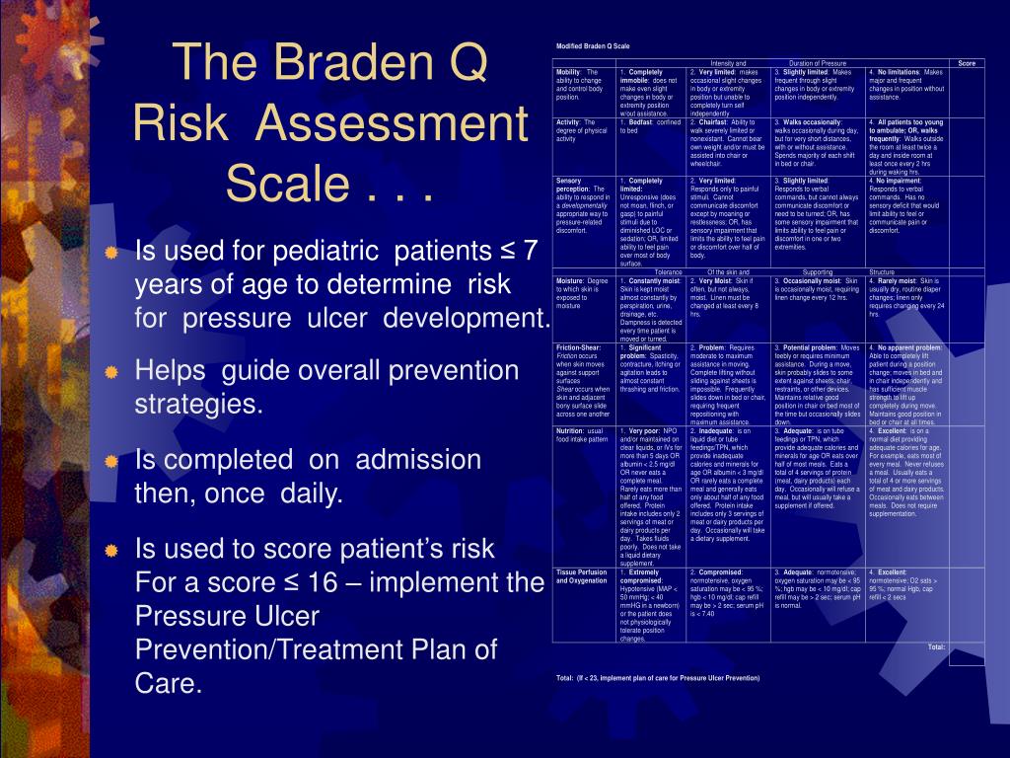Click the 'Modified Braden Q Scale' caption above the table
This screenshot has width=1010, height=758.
point(593,46)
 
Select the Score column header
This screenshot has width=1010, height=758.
point(966,63)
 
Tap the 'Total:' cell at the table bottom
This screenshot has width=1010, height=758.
point(936,646)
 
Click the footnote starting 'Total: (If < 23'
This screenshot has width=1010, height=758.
point(658,678)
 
